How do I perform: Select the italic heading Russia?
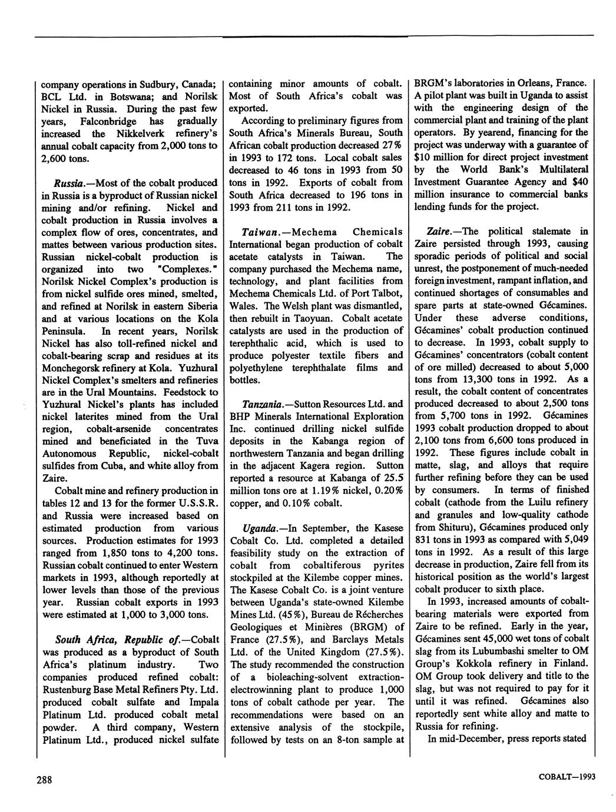point(69,183)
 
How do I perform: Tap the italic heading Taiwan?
point(259,232)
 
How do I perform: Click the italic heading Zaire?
point(446,231)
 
